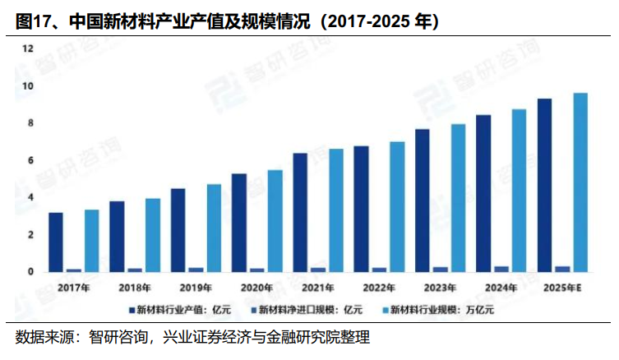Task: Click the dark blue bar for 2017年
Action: [x=55, y=242]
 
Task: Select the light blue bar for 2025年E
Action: [x=580, y=182]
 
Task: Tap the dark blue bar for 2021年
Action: [x=300, y=212]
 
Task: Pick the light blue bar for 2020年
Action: [x=275, y=220]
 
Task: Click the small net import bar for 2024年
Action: [x=501, y=269]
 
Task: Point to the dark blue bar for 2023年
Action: [x=422, y=200]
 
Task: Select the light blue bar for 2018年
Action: [x=153, y=234]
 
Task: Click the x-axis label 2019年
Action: [x=196, y=287]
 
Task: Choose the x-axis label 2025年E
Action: [x=562, y=287]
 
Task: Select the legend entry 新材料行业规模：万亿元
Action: [x=443, y=311]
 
